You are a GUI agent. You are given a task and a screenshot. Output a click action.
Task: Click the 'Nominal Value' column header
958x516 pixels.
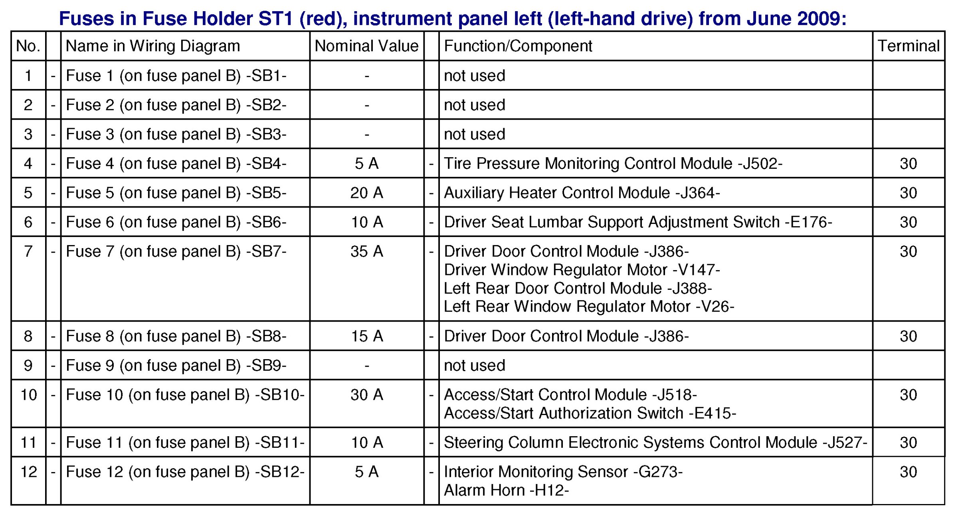[x=366, y=46]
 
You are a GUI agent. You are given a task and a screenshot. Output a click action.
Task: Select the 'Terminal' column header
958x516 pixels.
[x=909, y=46]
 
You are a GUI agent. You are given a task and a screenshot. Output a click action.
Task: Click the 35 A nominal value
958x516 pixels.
[x=367, y=251]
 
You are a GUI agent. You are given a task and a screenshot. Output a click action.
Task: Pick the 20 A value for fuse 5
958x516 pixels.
[x=367, y=193]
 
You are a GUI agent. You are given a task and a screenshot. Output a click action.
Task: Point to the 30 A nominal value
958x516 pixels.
[x=367, y=395]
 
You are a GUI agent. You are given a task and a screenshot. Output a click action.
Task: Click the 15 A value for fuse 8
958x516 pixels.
[x=367, y=336]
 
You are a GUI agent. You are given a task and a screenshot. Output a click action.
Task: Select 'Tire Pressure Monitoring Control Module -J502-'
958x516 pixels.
[x=613, y=164]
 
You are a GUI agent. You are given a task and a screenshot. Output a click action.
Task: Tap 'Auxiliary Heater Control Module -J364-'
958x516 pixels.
[x=582, y=193]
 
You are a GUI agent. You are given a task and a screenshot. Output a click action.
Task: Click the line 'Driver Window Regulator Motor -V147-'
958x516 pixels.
[x=582, y=270]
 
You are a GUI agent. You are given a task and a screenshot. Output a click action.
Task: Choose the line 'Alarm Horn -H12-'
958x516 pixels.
[x=506, y=490]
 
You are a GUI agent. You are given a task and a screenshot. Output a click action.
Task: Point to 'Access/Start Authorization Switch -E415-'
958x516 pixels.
[x=590, y=413]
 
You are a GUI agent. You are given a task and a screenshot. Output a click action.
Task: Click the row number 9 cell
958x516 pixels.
[x=28, y=366]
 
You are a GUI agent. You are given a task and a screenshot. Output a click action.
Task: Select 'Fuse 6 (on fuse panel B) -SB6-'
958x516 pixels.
[x=176, y=222]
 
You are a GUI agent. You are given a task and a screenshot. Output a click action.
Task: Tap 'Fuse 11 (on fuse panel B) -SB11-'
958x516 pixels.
[x=185, y=443]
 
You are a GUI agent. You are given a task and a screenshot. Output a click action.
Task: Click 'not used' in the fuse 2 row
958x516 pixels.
[x=475, y=105]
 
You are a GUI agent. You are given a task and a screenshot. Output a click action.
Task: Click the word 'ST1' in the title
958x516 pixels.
[x=276, y=19]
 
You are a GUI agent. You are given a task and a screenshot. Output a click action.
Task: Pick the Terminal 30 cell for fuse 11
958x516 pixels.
[x=909, y=443]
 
